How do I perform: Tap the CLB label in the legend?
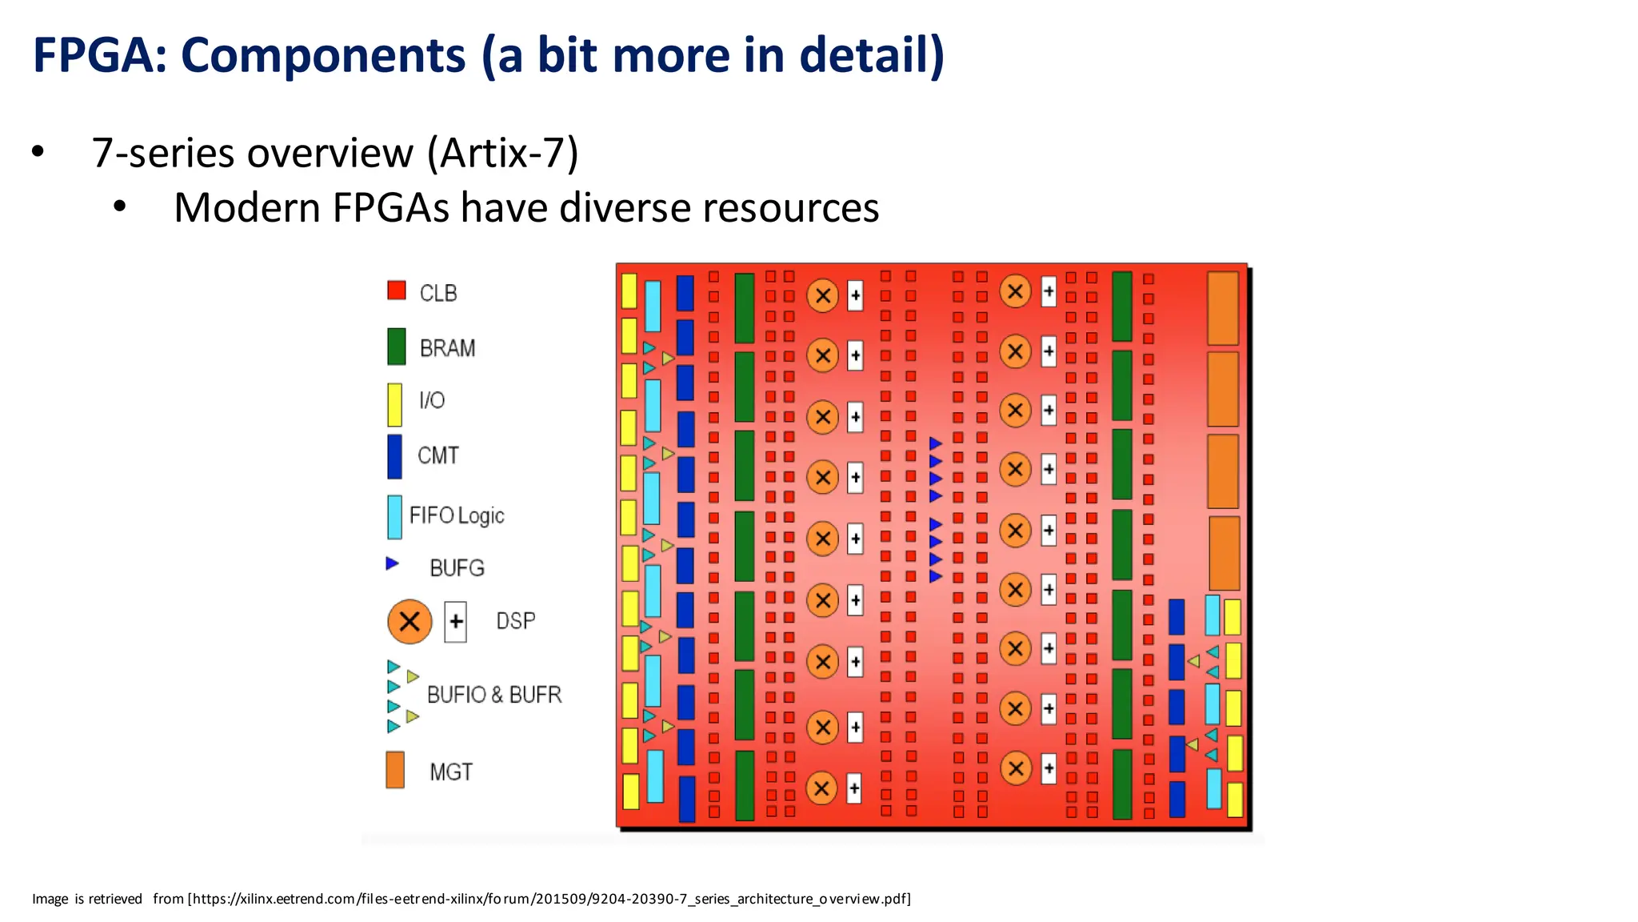click(438, 294)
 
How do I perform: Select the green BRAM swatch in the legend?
click(396, 347)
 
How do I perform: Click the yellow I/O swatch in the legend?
click(394, 404)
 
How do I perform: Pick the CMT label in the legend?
click(438, 455)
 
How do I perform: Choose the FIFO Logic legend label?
click(457, 515)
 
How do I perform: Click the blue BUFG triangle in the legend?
click(392, 563)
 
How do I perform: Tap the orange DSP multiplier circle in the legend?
click(409, 621)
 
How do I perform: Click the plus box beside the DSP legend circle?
click(456, 621)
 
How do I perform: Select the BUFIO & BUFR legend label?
click(494, 694)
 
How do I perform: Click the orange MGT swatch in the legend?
click(395, 769)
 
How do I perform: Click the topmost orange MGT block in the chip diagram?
click(1222, 308)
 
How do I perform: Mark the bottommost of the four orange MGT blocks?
click(1224, 553)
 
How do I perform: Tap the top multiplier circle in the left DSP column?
click(822, 295)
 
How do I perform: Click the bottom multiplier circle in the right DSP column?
click(1016, 768)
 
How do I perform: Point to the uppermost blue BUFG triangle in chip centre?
click(936, 443)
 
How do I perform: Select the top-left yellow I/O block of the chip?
click(629, 291)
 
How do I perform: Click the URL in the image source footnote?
click(549, 899)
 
